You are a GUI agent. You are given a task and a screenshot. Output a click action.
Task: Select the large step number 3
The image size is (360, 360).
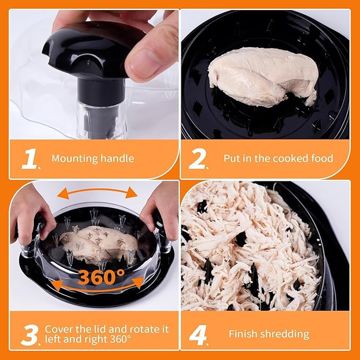point(30,334)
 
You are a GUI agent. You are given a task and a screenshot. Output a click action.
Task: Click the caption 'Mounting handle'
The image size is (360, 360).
point(93,158)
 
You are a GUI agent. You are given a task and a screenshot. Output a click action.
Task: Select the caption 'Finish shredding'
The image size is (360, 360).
point(269,334)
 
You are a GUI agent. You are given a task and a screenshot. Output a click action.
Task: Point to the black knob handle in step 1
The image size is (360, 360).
point(95,50)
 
